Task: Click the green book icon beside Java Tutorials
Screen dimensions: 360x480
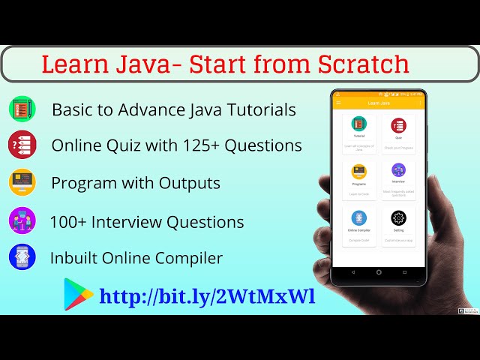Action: point(22,109)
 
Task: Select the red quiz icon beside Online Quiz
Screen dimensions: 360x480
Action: point(22,145)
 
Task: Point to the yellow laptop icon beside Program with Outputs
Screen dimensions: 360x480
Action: point(22,182)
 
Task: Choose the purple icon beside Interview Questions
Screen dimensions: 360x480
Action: point(22,221)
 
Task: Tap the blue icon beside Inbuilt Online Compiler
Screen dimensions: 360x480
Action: point(22,257)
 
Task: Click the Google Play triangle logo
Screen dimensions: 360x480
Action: point(78,295)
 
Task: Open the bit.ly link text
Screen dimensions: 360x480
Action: point(207,296)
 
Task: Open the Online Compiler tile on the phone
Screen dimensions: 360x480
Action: point(359,223)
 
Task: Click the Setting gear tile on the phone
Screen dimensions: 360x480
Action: point(398,223)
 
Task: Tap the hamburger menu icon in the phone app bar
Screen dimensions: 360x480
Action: point(338,103)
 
